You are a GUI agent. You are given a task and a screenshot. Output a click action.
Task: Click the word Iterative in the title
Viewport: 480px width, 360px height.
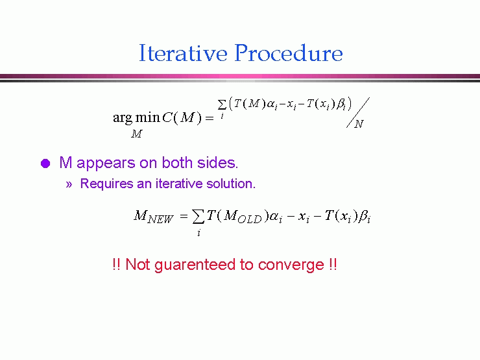pyautogui.click(x=183, y=53)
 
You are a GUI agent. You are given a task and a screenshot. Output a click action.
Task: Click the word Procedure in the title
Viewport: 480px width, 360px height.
pyautogui.click(x=289, y=53)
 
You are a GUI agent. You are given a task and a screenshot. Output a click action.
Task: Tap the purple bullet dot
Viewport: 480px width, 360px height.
pyautogui.click(x=45, y=163)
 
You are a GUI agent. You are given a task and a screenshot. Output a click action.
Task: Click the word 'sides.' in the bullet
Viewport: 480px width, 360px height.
pyautogui.click(x=218, y=163)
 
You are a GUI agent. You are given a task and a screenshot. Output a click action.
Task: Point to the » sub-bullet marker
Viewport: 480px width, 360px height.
pyautogui.click(x=69, y=184)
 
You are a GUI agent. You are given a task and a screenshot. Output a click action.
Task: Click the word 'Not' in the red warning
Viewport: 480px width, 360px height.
pyautogui.click(x=138, y=264)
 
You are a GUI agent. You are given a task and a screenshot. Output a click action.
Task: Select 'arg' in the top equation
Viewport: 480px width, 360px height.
pyautogui.click(x=123, y=118)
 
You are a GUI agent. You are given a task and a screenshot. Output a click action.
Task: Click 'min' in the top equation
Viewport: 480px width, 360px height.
pyautogui.click(x=147, y=117)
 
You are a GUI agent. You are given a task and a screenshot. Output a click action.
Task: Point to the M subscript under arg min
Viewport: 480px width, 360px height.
pyautogui.click(x=136, y=134)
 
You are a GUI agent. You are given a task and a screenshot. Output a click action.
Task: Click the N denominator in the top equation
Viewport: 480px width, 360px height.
pyautogui.click(x=359, y=124)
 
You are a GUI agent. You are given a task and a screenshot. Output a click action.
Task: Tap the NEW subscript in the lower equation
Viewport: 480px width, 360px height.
pyautogui.click(x=160, y=219)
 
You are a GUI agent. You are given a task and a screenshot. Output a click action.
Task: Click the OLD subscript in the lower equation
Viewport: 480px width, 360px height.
pyautogui.click(x=250, y=219)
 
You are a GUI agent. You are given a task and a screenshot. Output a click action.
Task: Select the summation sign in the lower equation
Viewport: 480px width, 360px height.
pyautogui.click(x=198, y=217)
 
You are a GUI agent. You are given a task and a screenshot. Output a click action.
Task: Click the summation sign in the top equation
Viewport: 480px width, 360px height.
pyautogui.click(x=222, y=104)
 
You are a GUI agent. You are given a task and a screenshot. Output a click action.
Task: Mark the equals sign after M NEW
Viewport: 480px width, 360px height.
pyautogui.click(x=184, y=217)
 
